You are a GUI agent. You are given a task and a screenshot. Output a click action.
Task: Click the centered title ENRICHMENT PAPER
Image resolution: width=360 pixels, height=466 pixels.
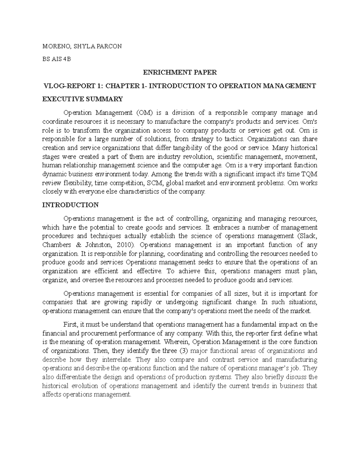click(179, 72)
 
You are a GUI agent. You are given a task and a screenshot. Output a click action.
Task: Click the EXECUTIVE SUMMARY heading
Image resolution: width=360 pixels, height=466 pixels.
click(82, 99)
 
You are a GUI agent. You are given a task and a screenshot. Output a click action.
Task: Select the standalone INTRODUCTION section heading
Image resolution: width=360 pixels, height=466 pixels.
click(70, 205)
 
